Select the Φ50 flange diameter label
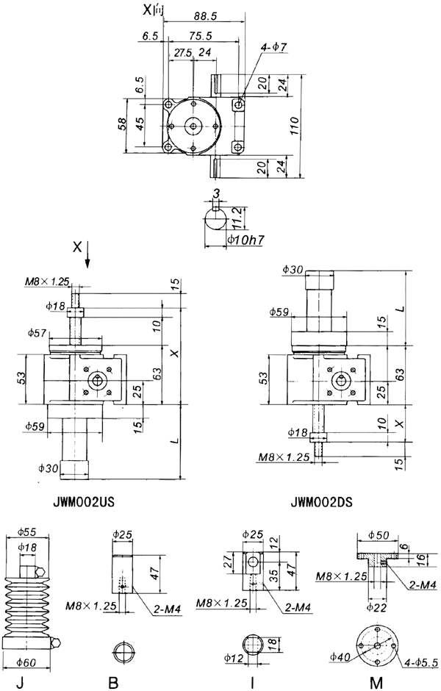click(x=378, y=533)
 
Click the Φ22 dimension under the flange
click(x=378, y=607)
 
